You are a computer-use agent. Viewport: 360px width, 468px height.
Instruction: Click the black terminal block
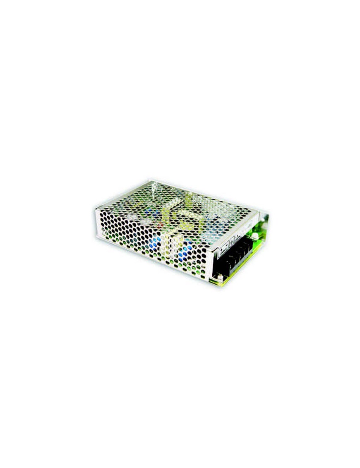tap(234, 259)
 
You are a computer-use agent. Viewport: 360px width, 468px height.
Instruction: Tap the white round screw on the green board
tap(255, 236)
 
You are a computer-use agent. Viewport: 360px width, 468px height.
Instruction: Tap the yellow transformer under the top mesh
tap(182, 215)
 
